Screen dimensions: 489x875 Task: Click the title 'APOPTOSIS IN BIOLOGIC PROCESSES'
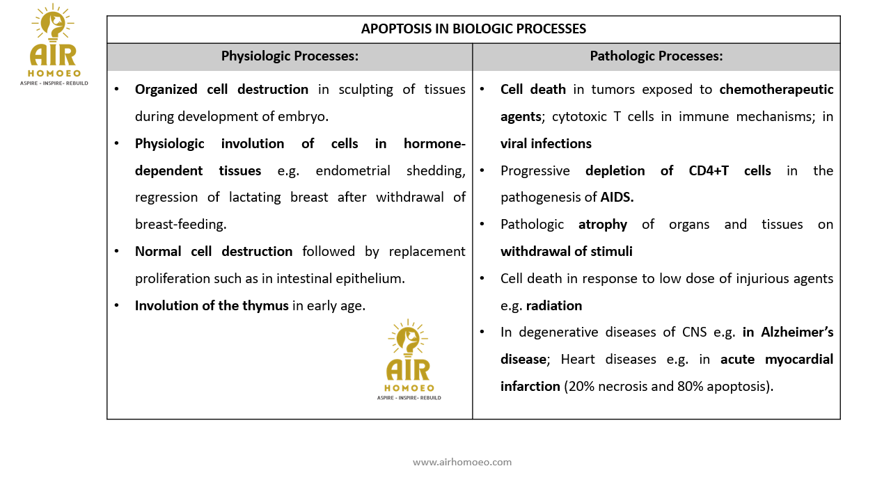click(x=473, y=29)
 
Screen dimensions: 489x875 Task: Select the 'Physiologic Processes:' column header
click(x=290, y=56)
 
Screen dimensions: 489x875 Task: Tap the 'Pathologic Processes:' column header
click(x=656, y=56)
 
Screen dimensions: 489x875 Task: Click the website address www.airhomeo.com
click(x=462, y=462)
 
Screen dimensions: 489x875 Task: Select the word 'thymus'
click(x=265, y=305)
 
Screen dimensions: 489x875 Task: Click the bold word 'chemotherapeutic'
click(x=776, y=90)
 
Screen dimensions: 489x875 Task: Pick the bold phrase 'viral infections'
click(x=546, y=144)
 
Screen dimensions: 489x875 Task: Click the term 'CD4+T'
click(x=704, y=171)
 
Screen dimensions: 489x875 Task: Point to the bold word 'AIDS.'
click(x=617, y=198)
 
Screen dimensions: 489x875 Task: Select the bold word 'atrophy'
click(x=603, y=225)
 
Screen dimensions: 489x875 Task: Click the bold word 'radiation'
click(x=554, y=306)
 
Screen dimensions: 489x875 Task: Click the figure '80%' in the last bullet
click(x=691, y=387)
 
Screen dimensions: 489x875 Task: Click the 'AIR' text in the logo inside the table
click(x=409, y=369)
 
